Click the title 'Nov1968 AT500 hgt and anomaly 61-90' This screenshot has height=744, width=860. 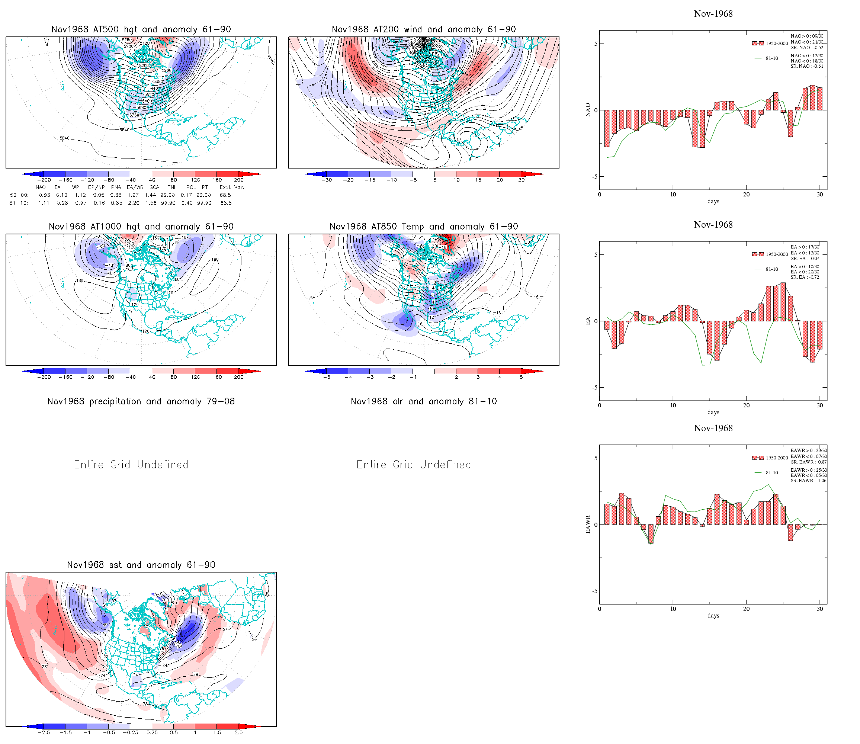pos(141,29)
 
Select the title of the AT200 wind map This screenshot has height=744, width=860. pos(423,29)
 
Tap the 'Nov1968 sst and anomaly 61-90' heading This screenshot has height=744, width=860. pos(141,565)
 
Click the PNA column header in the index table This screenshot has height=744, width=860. pos(116,187)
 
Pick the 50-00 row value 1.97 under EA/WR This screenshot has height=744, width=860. pos(133,195)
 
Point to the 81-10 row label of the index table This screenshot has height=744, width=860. pos(19,203)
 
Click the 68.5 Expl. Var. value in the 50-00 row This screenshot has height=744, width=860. pos(225,195)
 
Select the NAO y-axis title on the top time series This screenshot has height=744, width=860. pos(588,110)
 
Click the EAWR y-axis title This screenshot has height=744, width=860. pos(588,525)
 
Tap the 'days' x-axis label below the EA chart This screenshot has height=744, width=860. pos(713,412)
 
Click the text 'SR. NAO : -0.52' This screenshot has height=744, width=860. pos(807,48)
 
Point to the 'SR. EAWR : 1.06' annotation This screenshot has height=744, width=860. pos(808,481)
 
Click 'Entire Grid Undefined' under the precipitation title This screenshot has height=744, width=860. pos(131,465)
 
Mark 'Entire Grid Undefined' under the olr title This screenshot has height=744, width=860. pos(414,465)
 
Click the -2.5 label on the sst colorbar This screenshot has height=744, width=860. pos(44,732)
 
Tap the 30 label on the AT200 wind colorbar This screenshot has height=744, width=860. pos(521,180)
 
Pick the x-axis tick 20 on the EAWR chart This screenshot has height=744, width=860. pos(746,609)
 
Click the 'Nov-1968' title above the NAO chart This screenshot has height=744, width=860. pos(713,14)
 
